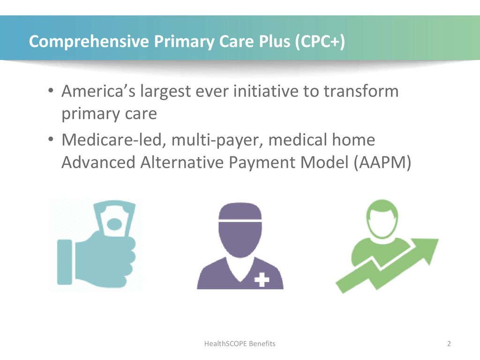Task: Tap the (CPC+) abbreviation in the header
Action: pos(320,41)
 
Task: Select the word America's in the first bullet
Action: pos(98,91)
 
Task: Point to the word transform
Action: pos(361,91)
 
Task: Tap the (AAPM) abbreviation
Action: pos(382,163)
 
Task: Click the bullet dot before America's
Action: pos(51,90)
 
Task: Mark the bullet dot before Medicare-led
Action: pos(51,139)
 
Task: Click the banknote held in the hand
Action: pos(114,219)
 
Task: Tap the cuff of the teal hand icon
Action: pos(65,262)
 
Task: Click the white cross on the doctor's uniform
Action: pos(262,279)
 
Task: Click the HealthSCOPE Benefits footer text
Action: pos(240,344)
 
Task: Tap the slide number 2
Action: pos(449,344)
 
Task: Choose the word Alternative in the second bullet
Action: pos(182,162)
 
